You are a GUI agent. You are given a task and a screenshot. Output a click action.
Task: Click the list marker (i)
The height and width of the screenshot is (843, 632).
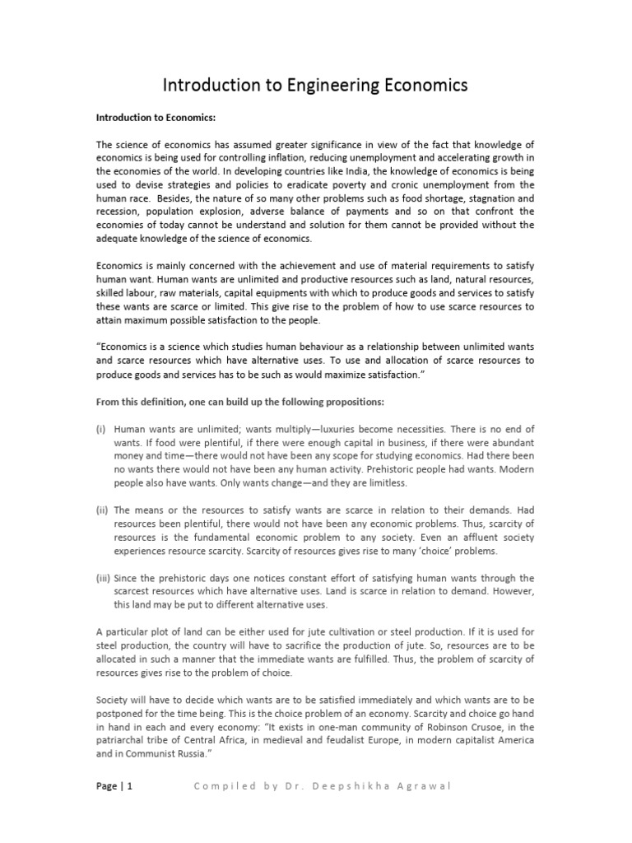point(101,429)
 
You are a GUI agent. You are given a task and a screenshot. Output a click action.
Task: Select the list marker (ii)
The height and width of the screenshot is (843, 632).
point(102,510)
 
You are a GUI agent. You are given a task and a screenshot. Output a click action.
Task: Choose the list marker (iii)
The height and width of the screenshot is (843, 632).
point(103,578)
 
